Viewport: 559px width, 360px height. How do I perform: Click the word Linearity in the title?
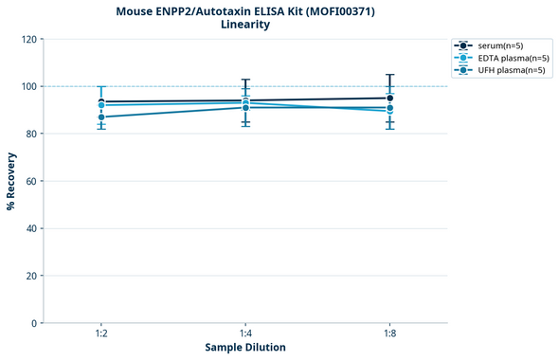[245, 25]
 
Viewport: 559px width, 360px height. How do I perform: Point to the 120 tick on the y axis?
[28, 40]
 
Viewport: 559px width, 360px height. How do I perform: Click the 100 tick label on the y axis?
[28, 87]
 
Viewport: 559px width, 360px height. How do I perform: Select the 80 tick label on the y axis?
[31, 135]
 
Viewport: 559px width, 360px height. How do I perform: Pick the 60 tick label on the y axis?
[31, 182]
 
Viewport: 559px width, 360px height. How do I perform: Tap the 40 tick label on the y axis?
[31, 228]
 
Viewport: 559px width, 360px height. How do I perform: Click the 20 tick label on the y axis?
[31, 276]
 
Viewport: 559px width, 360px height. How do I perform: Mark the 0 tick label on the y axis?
[34, 323]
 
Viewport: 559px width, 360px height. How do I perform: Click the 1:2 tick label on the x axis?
[100, 334]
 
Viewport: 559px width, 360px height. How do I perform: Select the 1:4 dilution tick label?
[245, 334]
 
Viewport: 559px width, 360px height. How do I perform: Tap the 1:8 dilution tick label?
[389, 334]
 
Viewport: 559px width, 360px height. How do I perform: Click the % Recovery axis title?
[11, 181]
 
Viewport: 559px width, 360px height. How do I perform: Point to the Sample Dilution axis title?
[245, 348]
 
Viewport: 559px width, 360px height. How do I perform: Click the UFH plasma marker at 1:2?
[100, 117]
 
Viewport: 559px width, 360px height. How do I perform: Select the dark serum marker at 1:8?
[389, 98]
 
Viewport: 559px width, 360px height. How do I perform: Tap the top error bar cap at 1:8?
[389, 75]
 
